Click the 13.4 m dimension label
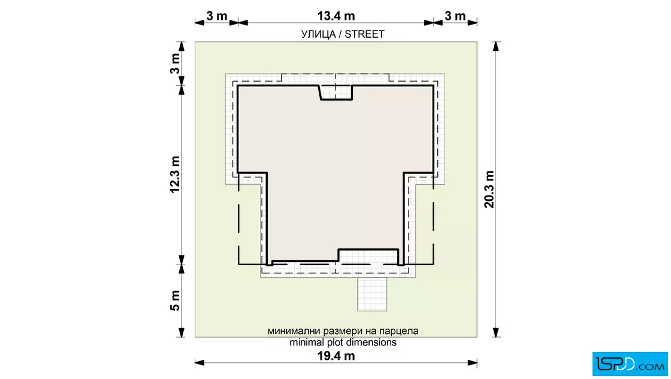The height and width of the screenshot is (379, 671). pos(336,16)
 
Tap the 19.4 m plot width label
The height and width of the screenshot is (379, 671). pos(336,356)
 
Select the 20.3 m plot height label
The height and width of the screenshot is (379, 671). pos(489,189)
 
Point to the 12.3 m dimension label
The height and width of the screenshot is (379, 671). pos(175,175)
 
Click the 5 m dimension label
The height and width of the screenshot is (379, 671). pos(175,300)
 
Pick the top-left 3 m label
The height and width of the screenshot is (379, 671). pos(216,16)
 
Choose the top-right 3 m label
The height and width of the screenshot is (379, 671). pos(455,16)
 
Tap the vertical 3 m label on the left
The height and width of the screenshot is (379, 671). pos(175,64)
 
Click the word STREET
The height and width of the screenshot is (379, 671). pos(365,34)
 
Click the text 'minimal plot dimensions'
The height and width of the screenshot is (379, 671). pos(343,342)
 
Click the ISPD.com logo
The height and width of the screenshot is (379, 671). pos(630,364)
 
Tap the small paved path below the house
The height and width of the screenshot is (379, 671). pos(372,294)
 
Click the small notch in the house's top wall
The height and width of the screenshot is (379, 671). pos(336,92)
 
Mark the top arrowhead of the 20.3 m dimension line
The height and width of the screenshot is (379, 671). pos(496,47)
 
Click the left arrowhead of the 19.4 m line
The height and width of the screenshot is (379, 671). pos(200,363)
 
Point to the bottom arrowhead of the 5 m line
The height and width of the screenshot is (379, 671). pos(182,332)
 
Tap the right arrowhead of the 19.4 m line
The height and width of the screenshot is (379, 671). pos(473,363)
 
